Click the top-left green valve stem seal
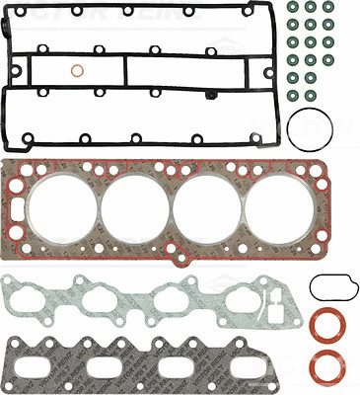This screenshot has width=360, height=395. pyautogui.click(x=293, y=8)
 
